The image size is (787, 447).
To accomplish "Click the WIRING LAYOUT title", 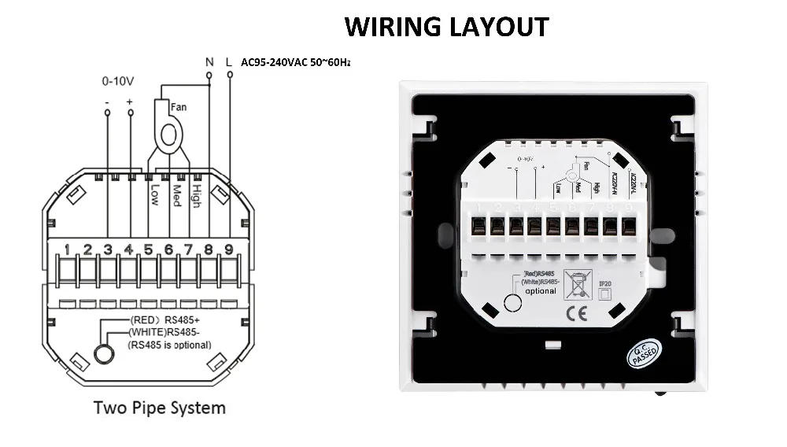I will point(446,26).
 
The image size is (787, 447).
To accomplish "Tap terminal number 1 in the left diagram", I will point(68,251).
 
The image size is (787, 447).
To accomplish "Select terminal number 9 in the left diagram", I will point(228,251).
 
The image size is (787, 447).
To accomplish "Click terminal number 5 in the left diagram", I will point(149,251).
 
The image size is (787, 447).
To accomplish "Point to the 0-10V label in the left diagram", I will point(117,80).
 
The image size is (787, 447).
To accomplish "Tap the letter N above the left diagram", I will point(209,61).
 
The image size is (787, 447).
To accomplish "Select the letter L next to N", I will point(229,61).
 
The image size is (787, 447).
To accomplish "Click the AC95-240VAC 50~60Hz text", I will point(296,62).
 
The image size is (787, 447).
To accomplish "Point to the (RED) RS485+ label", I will point(165,320).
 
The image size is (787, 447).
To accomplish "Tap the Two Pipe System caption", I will point(160,408).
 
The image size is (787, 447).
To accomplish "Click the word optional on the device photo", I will point(541,290).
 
